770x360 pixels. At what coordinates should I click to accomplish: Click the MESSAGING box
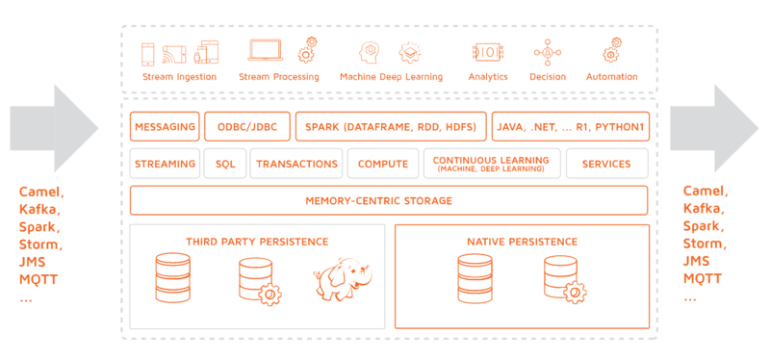click(x=165, y=127)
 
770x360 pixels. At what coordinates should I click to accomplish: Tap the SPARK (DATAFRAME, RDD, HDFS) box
click(x=391, y=127)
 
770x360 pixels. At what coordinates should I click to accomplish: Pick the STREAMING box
click(x=165, y=164)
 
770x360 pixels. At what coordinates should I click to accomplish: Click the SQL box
click(x=225, y=164)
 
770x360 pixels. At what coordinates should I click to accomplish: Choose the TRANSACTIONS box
click(x=296, y=164)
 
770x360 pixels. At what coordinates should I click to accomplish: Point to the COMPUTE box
click(x=383, y=164)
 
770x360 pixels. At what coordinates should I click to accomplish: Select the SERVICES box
click(x=607, y=164)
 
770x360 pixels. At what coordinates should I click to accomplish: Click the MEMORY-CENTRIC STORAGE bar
click(x=389, y=200)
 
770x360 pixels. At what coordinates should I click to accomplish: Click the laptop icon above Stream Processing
click(x=266, y=50)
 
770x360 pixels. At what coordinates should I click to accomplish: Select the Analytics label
click(x=488, y=77)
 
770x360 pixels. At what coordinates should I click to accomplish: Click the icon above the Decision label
click(x=548, y=53)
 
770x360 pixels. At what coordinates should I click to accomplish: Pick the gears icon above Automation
click(x=612, y=49)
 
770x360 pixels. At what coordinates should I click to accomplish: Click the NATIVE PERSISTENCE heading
click(x=522, y=242)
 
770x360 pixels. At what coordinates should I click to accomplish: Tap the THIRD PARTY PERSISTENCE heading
click(x=257, y=242)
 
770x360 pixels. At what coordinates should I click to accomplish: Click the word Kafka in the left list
click(x=39, y=209)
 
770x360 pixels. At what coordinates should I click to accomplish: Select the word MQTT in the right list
click(x=703, y=279)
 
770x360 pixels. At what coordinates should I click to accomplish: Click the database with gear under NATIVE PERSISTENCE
click(x=564, y=279)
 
